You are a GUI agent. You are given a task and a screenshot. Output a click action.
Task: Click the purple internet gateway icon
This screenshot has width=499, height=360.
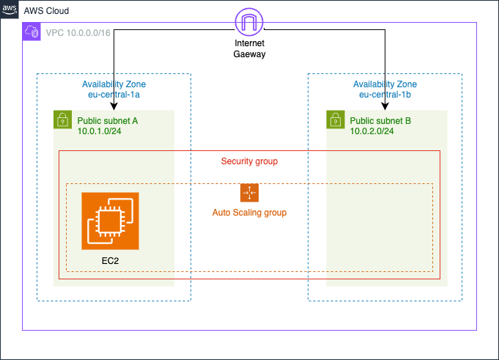pos(249,22)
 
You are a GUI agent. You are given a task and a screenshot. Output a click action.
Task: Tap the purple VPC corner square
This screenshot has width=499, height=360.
pos(32,32)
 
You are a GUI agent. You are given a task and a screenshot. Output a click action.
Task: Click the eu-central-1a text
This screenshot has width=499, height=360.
pos(114,95)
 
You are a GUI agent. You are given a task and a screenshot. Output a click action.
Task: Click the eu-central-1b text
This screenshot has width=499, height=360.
pos(385,95)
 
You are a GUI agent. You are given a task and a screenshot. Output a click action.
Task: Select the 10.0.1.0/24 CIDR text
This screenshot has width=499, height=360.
pos(103,131)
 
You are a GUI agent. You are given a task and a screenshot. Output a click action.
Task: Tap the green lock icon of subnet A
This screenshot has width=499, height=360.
pos(62,120)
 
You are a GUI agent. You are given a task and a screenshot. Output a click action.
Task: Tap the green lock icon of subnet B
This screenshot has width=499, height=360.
pos(335,120)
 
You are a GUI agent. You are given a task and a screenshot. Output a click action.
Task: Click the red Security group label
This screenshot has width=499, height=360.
pos(249,161)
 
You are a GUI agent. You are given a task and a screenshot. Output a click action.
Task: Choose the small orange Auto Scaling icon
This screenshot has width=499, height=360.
pos(249,193)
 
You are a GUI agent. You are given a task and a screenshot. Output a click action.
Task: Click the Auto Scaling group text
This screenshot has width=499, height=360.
pos(249,213)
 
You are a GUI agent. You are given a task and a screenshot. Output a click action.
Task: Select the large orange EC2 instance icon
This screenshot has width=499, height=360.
pos(110,220)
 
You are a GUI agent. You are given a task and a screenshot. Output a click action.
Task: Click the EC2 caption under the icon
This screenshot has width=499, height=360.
pos(110,260)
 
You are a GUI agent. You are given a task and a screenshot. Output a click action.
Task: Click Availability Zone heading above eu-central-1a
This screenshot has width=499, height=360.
pos(114,84)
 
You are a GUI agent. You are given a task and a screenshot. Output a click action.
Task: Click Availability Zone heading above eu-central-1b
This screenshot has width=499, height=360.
pos(385,84)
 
